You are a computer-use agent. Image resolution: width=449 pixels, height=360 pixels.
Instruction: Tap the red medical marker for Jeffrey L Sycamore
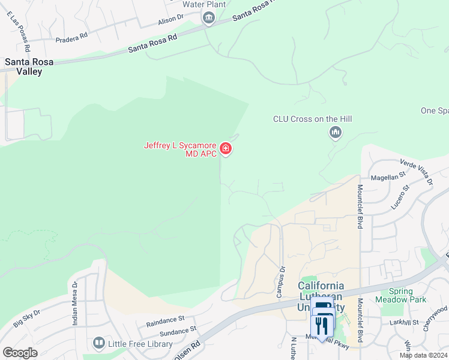pos(226,148)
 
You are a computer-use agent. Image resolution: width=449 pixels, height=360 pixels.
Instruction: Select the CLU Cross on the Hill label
pos(312,119)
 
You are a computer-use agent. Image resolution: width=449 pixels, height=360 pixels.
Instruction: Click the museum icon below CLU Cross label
pos(335,132)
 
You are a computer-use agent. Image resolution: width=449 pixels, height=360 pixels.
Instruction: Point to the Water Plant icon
pos(208,18)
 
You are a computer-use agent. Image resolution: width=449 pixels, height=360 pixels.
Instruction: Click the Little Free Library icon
pos(99,343)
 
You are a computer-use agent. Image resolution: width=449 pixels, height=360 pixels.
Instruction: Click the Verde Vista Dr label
pos(416,172)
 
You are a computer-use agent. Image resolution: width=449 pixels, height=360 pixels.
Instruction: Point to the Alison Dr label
pos(170,19)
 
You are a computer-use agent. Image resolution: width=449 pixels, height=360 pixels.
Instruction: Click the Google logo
pos(20,352)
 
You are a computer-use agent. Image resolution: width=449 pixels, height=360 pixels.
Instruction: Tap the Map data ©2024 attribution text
pos(423,355)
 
